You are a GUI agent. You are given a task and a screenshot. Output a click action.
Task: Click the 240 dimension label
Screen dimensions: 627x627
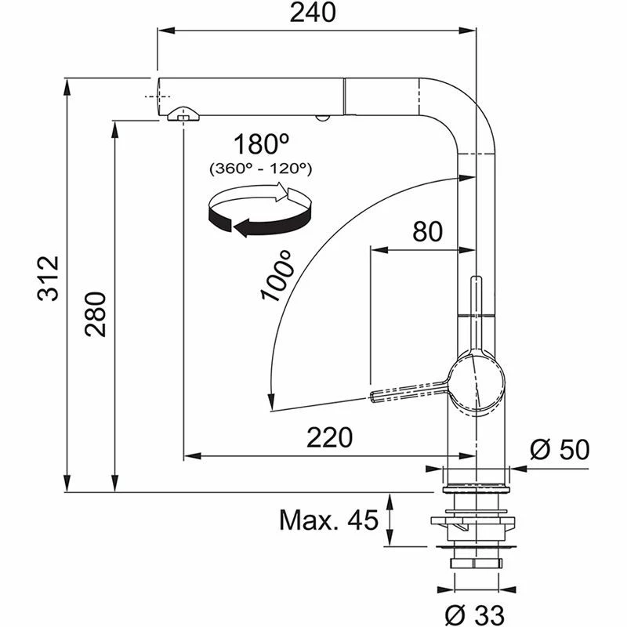317,13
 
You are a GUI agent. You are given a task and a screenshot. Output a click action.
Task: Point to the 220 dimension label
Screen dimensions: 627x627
329,437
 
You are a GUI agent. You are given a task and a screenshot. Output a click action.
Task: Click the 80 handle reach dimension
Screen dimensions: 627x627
427,231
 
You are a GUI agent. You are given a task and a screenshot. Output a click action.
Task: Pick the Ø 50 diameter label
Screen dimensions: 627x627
559,449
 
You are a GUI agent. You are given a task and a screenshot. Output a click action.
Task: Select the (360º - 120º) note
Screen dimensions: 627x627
261,168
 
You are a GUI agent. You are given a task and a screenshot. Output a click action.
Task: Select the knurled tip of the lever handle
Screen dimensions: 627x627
379,395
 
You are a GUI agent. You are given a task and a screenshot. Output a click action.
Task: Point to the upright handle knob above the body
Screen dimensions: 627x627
476,298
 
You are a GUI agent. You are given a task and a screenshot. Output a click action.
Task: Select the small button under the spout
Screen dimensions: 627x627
320,118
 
